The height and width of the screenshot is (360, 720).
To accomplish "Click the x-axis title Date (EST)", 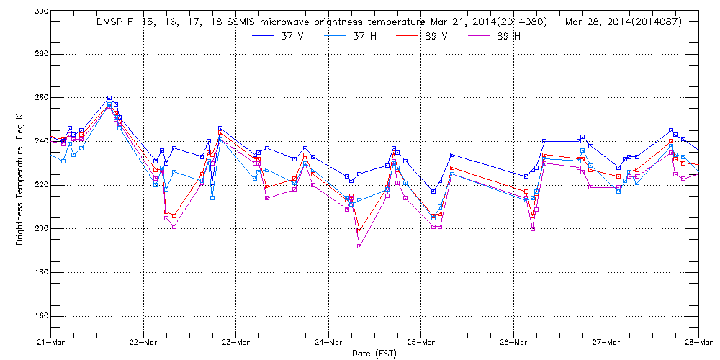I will tap(372, 354).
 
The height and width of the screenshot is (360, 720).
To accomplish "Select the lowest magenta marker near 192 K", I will tap(359, 246).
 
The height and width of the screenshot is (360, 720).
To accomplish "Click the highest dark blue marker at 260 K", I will tap(109, 98).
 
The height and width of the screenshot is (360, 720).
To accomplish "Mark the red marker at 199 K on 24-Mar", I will tap(359, 230).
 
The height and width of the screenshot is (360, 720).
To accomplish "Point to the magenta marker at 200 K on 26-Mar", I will tap(533, 228).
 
